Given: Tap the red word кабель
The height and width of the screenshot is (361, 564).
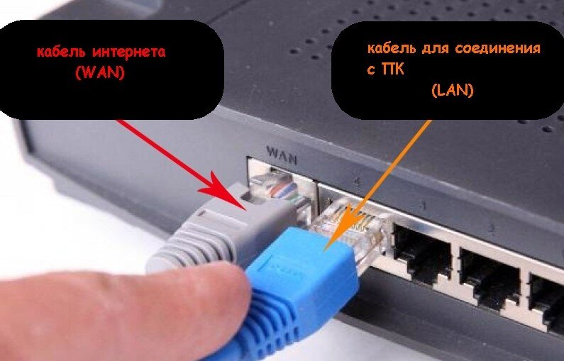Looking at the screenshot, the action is coord(61,52).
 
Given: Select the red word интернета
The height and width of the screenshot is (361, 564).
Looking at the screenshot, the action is coord(129,52).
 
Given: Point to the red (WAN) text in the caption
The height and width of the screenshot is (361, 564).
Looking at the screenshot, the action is coord(99,73).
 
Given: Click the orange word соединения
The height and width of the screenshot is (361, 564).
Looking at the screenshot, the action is coord(498,48).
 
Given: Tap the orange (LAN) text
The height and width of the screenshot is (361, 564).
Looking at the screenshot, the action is coord(453,90).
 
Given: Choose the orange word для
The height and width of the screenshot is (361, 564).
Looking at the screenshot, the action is coord(434,48).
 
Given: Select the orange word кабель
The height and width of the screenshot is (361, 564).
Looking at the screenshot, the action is coord(391,48).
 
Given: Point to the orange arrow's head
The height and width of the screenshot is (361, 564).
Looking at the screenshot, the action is coord(325,249).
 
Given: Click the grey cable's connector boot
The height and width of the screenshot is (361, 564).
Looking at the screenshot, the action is coord(216,230).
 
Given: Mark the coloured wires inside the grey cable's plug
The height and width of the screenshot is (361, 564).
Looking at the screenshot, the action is coord(284,191).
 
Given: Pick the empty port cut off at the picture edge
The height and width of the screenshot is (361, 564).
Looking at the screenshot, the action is coord(547,299).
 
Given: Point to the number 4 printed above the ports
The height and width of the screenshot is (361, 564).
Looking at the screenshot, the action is coord(356,181).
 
